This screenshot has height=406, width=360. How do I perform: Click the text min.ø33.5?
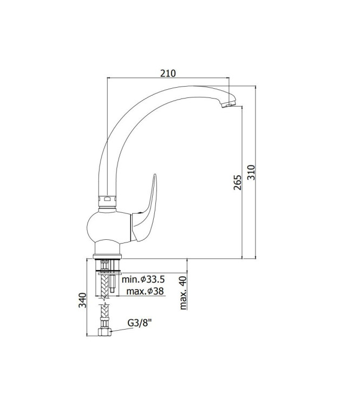[x=143, y=280]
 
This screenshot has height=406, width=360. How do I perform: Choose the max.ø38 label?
[x=145, y=292]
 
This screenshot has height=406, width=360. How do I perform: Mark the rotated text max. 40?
[x=184, y=292]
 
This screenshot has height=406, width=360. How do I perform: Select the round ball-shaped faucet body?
[x=108, y=227]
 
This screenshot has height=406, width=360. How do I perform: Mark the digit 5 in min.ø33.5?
[x=162, y=280]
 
